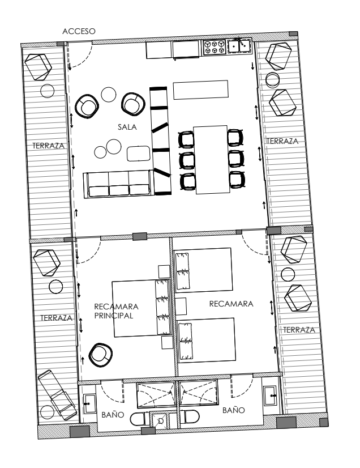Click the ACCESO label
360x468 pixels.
(79, 31)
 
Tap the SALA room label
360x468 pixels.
(127, 127)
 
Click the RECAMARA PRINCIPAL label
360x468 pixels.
(117, 311)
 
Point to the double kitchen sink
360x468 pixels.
(239, 46)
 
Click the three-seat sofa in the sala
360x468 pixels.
(118, 185)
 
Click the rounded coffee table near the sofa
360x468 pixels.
(139, 154)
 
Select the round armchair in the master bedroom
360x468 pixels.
(101, 355)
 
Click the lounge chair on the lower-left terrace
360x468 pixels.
(57, 394)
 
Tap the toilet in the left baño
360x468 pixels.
(140, 419)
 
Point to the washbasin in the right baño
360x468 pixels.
(271, 395)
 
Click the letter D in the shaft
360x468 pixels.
(161, 421)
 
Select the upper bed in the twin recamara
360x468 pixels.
(203, 270)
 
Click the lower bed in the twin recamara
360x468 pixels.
(207, 341)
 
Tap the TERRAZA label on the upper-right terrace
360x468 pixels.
(282, 141)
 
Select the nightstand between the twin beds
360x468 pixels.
(181, 306)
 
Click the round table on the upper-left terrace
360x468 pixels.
(47, 91)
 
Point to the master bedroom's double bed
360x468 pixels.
(142, 308)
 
